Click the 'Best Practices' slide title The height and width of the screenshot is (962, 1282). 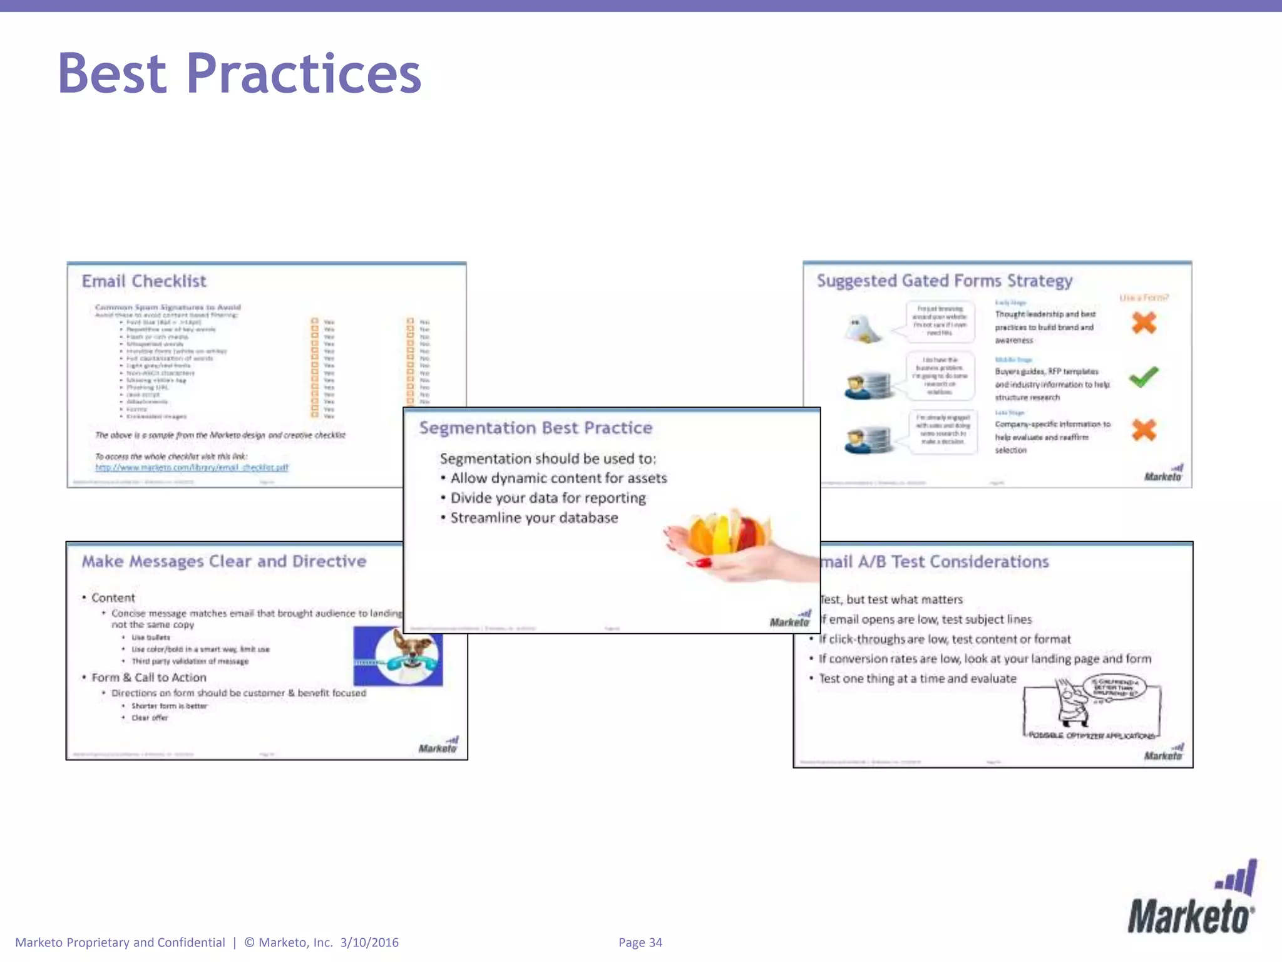point(239,74)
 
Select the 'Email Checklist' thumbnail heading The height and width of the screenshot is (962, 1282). point(144,281)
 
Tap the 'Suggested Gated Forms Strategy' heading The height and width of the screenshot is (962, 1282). point(944,281)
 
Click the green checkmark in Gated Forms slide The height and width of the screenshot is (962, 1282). point(1144,376)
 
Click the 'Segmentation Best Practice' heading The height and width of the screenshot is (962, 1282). point(536,428)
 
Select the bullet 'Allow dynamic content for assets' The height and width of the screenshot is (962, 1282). point(558,478)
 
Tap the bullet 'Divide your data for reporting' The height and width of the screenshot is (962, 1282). point(548,498)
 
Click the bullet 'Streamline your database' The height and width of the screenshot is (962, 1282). point(534,518)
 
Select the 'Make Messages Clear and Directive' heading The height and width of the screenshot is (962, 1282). point(224,561)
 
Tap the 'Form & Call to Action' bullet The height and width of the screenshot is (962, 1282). point(149,678)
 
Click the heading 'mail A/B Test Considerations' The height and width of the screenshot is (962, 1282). point(934,562)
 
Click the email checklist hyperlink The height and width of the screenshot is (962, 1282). point(192,467)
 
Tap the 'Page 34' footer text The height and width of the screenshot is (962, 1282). point(640,943)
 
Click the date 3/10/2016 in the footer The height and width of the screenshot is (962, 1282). point(369,943)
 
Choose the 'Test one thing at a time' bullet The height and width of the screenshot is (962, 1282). point(918,679)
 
